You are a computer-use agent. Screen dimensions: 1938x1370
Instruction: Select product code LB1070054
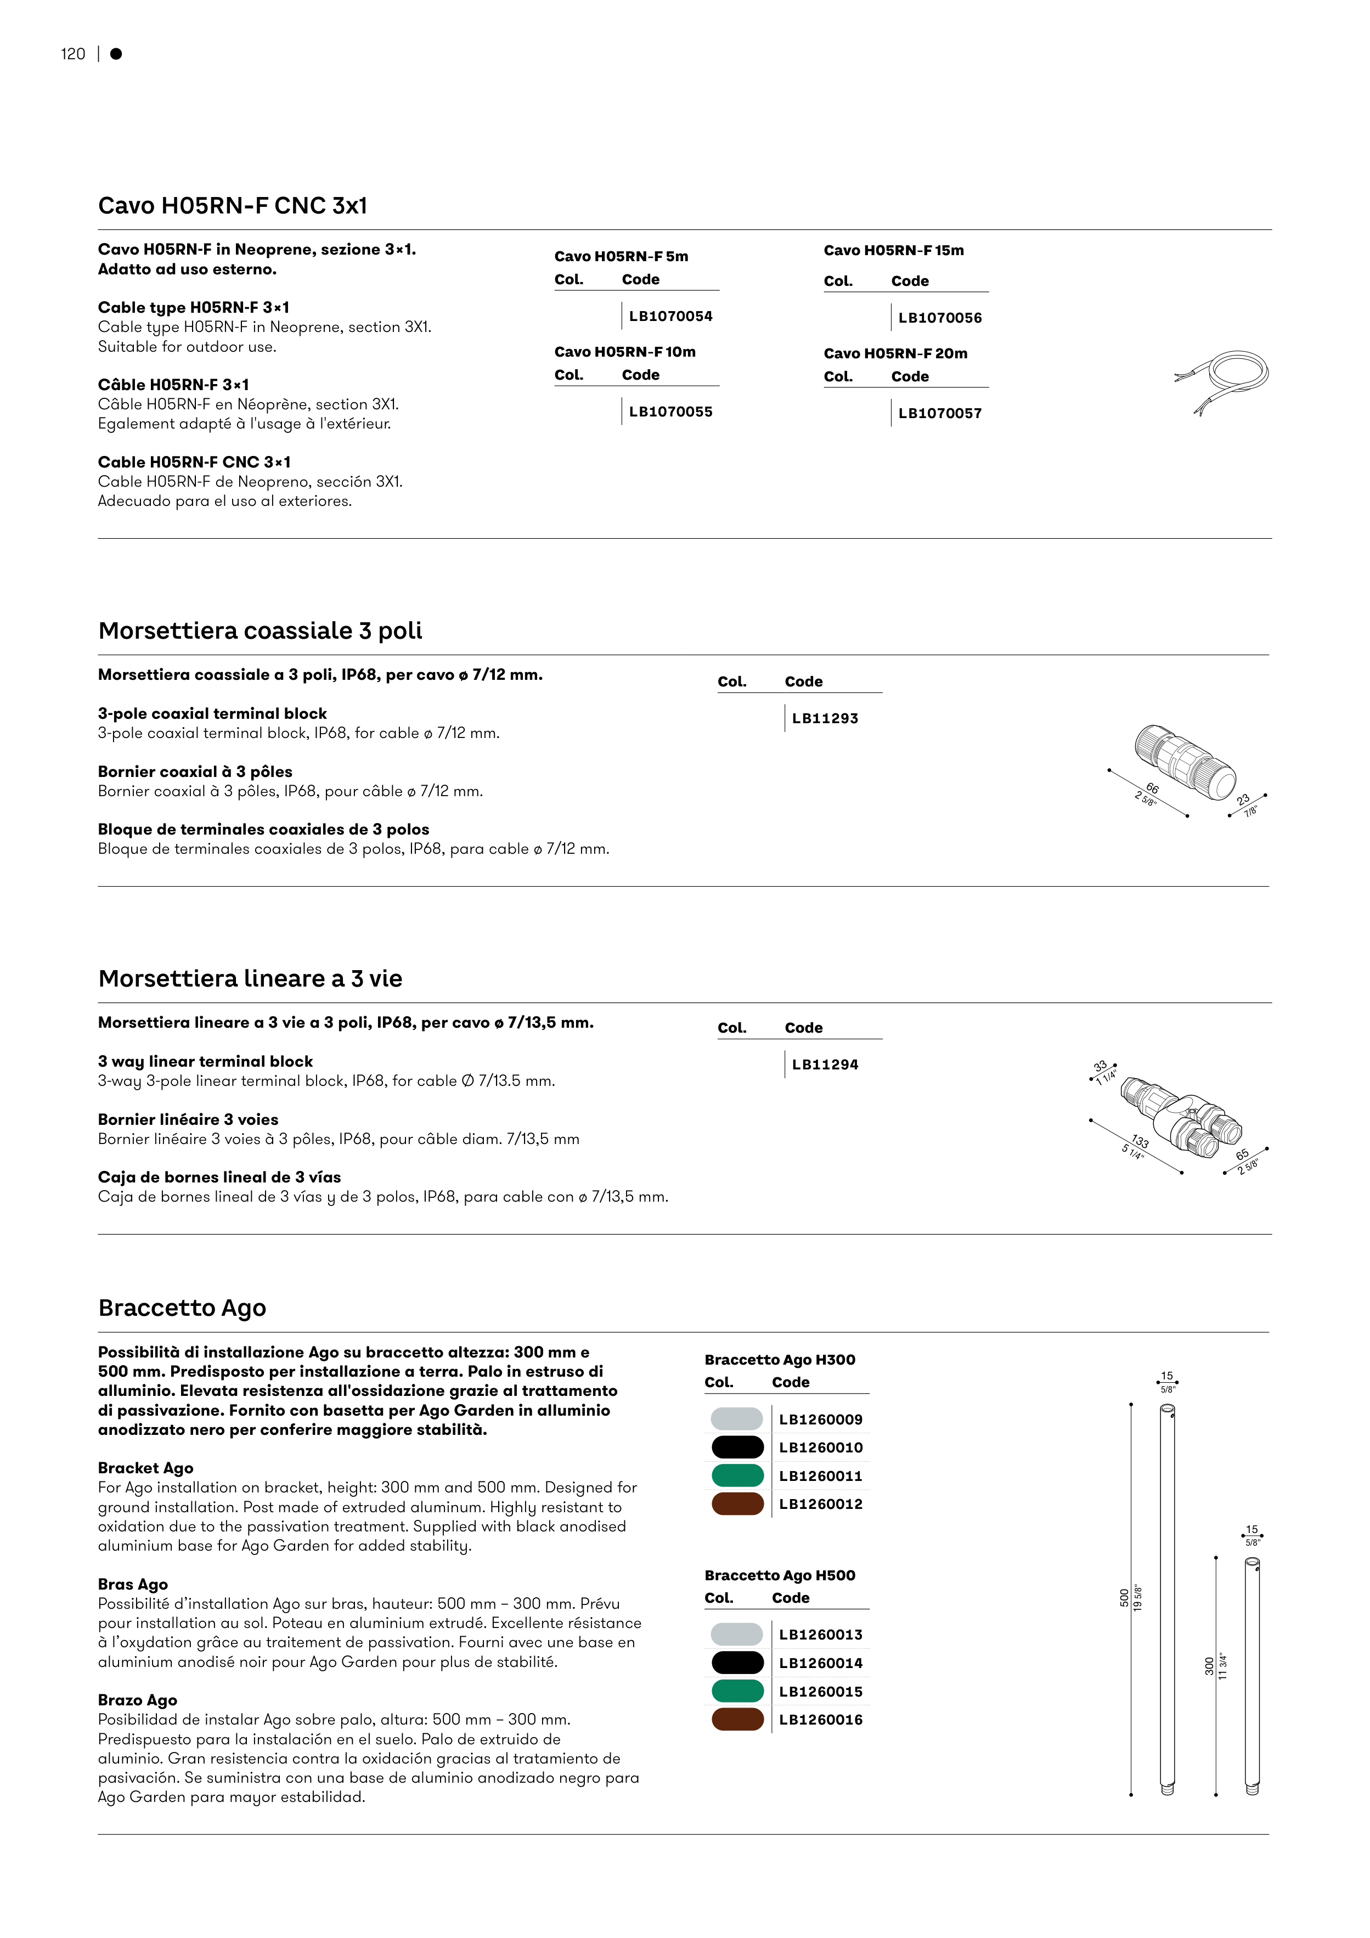670,317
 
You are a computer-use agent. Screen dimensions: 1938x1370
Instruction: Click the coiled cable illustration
1225,379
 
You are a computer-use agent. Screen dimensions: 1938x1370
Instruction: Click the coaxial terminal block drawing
1185,759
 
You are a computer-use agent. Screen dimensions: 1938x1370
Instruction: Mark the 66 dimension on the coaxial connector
1152,788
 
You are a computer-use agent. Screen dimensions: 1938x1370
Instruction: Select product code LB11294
825,1065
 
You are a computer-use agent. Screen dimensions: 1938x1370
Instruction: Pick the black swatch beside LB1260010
737,1447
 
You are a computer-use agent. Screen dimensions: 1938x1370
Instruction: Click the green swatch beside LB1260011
737,1475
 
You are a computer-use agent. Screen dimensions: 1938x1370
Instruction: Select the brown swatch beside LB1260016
737,1720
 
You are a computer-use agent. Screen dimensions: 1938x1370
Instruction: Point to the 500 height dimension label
1124,1598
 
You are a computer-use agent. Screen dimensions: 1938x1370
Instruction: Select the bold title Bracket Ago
146,1468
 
